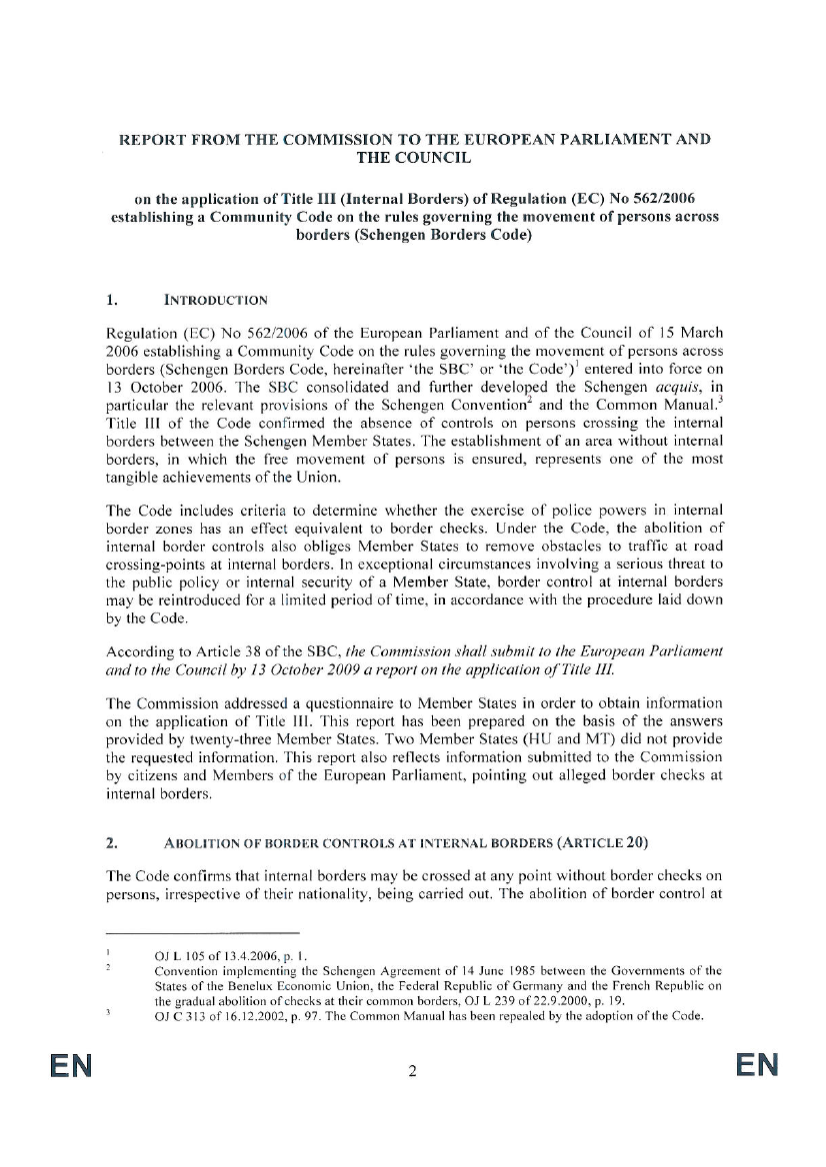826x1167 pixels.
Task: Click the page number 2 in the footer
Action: pos(411,1073)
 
